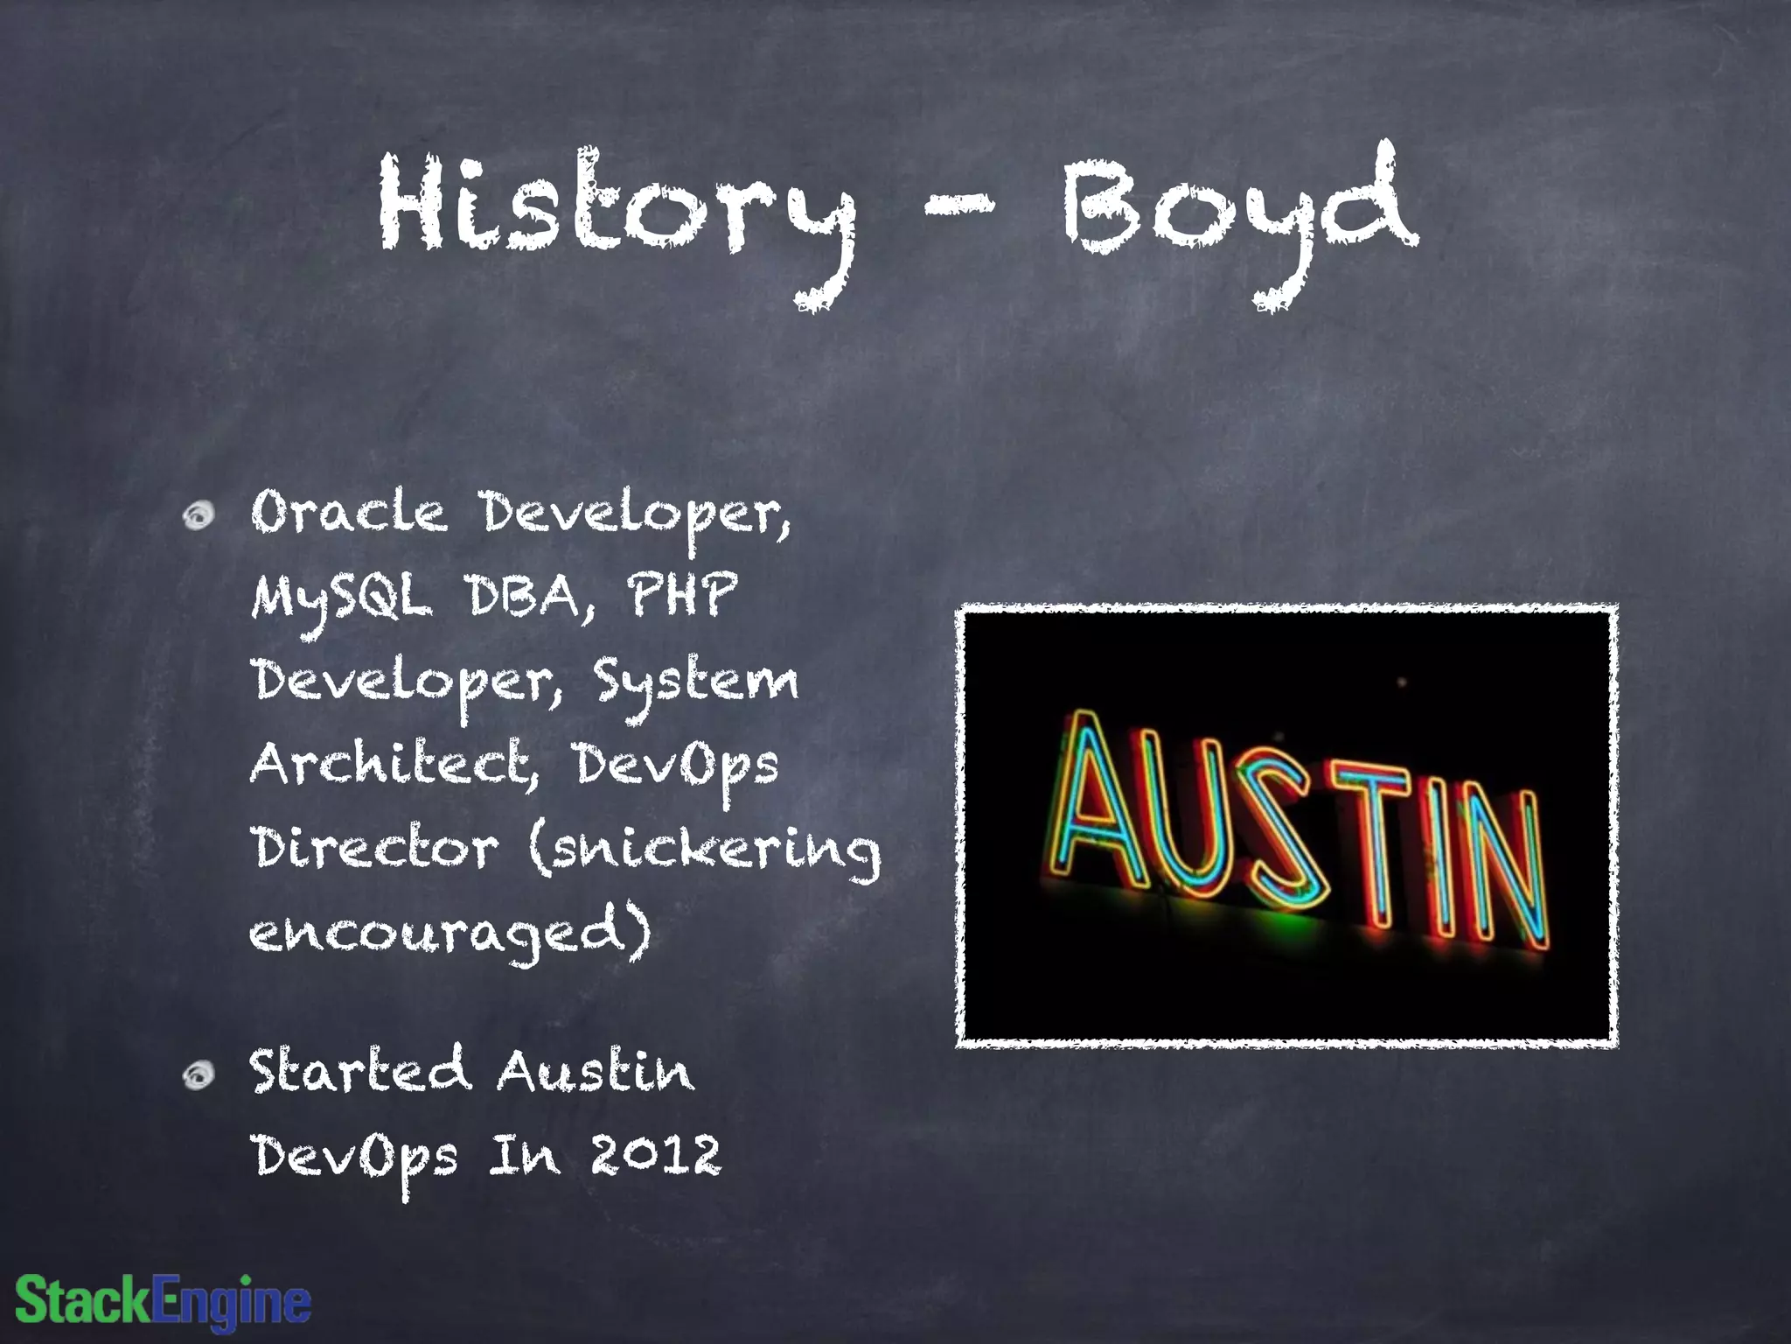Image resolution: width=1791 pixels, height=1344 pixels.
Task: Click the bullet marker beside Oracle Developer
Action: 199,515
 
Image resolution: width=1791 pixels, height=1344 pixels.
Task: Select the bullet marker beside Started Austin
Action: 199,1075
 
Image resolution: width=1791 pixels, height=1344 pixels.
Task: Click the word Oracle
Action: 348,513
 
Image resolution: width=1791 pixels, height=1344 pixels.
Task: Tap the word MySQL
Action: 341,598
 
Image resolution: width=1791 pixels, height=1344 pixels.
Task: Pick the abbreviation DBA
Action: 530,597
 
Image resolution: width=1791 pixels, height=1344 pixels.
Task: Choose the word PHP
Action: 682,595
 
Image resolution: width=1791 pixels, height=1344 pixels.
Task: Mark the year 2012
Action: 656,1155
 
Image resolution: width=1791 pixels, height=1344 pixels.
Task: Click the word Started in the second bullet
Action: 359,1071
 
